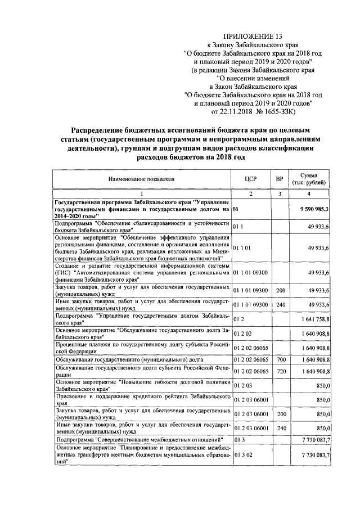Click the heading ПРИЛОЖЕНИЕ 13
253,36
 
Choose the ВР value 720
279,372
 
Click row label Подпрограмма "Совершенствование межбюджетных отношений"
143,439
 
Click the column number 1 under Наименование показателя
142,193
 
